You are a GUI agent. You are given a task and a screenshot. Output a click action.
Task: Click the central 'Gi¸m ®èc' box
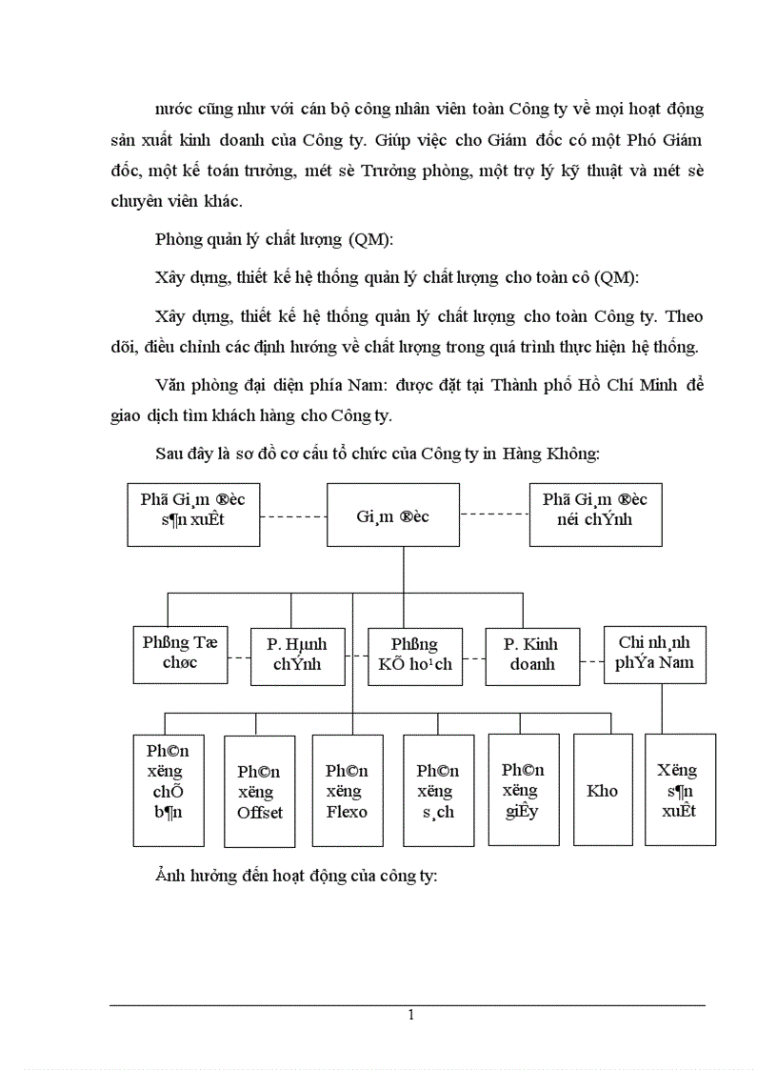[x=393, y=515]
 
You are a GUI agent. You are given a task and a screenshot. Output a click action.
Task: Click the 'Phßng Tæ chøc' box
[x=180, y=655]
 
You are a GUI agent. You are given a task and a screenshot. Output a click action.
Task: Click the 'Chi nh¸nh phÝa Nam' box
[x=655, y=654]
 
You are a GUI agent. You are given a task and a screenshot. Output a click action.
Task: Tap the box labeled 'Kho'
[x=602, y=790]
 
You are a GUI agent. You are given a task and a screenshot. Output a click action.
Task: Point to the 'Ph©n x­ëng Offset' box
[x=259, y=791]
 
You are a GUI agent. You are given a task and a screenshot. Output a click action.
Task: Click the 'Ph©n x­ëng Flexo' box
[x=347, y=790]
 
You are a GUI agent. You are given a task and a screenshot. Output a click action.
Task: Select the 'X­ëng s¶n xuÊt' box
[x=681, y=790]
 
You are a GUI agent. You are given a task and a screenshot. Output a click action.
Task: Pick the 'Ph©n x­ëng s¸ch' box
[x=438, y=790]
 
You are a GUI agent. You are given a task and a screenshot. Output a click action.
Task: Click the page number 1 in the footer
[x=410, y=1015]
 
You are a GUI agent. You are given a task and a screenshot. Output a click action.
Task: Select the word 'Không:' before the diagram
[x=570, y=453]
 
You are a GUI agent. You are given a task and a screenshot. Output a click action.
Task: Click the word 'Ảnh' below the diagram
[x=170, y=876]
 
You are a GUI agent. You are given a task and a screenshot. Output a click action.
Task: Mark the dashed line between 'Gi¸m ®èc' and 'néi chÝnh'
[x=494, y=515]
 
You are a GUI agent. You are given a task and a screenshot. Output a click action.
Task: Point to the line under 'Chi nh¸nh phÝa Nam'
[x=662, y=708]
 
